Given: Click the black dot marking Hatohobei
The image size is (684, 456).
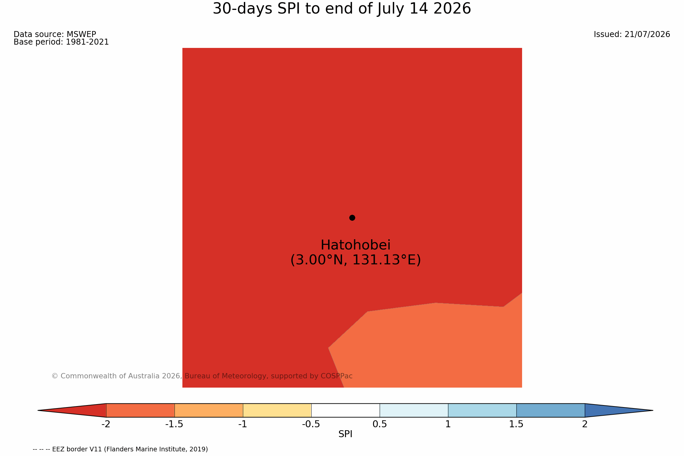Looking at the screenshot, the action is coord(352,218).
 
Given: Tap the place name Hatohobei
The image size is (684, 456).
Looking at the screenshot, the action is coord(356,245).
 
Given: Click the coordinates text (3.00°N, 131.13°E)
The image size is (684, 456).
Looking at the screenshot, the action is coord(356,260).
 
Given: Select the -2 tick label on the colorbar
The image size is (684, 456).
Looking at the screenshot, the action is coord(106,424).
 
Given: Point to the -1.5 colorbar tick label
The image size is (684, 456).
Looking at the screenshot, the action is coord(174,424).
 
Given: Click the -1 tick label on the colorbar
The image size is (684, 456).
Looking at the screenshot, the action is coord(243,424).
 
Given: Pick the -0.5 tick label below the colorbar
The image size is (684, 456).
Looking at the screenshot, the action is coord(311,424).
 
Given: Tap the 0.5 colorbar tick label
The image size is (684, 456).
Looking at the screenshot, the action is coord(380,424).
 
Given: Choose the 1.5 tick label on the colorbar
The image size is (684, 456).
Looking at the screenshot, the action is coord(516,424).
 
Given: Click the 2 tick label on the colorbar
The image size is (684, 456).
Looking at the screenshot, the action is coord(585,424).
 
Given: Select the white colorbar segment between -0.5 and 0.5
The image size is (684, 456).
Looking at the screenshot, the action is coord(345,410).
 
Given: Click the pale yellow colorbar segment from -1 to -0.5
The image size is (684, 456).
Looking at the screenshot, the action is coord(277,410).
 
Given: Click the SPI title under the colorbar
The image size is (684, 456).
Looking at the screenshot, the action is coord(345,434).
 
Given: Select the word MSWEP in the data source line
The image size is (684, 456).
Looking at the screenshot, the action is coord(81,34).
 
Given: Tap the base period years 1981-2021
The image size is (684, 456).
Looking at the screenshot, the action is coord(87,42).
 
